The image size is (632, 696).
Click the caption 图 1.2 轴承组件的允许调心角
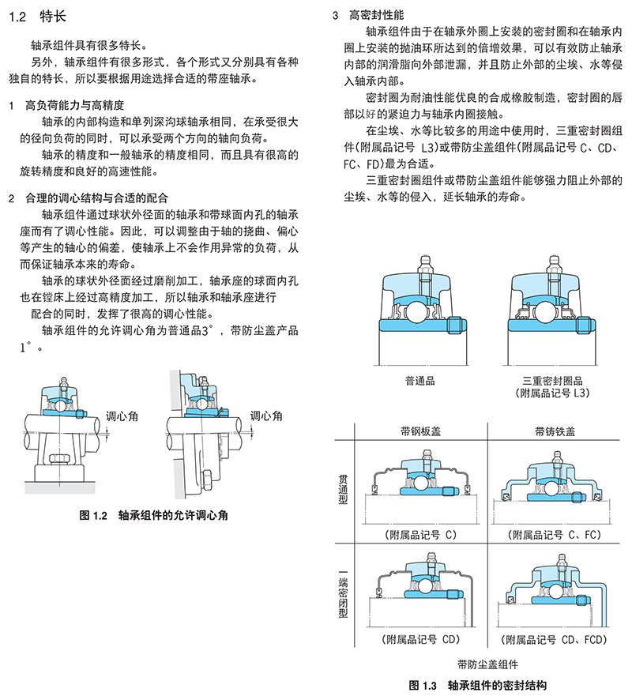[154, 515]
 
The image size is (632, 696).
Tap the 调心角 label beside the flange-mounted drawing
[266, 416]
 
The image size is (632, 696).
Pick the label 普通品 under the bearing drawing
[418, 380]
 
